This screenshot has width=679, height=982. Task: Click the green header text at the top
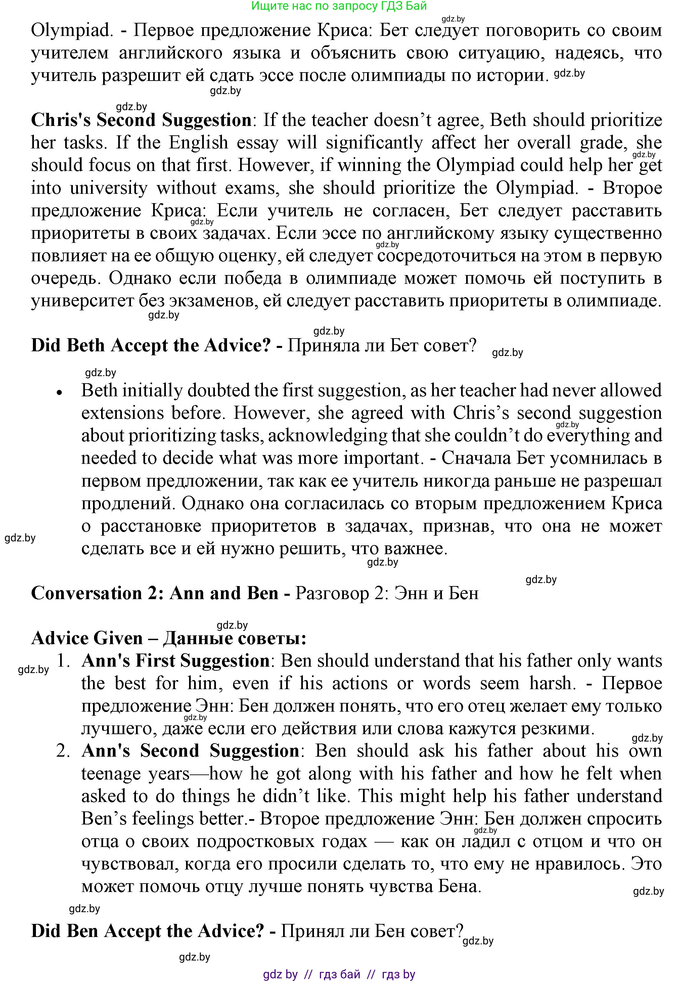339,6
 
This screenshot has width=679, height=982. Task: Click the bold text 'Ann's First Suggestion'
175,661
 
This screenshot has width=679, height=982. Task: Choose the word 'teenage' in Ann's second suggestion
110,773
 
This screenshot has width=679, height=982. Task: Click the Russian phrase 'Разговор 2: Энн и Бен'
387,593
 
